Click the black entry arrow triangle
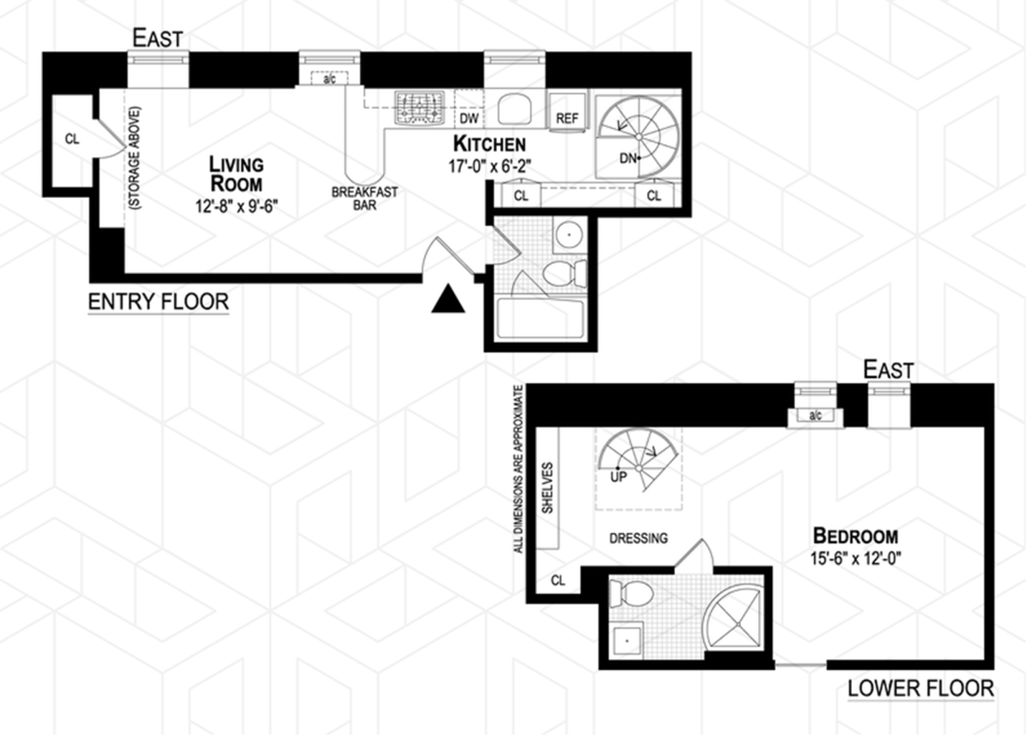(x=448, y=300)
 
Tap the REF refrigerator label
(x=567, y=119)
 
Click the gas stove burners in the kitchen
(x=420, y=107)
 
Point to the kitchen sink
(x=513, y=109)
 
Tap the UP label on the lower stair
(x=619, y=477)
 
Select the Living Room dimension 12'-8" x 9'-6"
(x=236, y=206)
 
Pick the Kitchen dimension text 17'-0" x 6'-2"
(x=489, y=166)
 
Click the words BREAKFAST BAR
(x=364, y=199)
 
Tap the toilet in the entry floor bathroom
(x=564, y=273)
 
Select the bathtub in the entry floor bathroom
(x=541, y=319)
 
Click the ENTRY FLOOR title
(x=159, y=302)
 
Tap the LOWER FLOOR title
(x=920, y=688)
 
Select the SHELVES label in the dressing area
(x=547, y=488)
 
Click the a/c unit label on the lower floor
(x=815, y=416)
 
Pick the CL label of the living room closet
(x=72, y=139)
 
